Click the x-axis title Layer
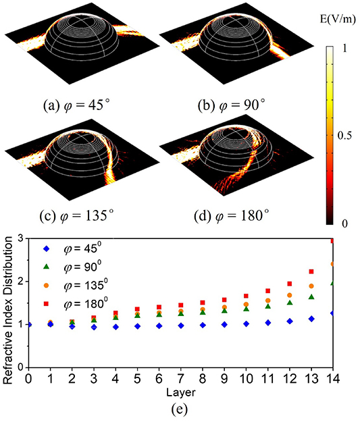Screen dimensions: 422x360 [181, 392]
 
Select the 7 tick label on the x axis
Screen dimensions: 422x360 [181, 379]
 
